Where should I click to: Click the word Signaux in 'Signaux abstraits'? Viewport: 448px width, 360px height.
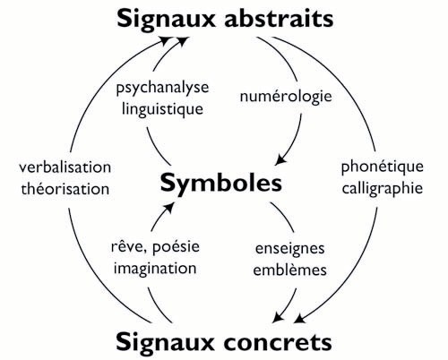[x=166, y=20]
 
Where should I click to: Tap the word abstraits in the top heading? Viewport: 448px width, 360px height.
[x=279, y=19]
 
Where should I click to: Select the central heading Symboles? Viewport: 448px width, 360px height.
[x=221, y=183]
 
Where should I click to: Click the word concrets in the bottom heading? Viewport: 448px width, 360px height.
[x=278, y=342]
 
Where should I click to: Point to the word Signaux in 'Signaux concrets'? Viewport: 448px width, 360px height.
[x=165, y=343]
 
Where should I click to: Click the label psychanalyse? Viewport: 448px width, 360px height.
[x=162, y=89]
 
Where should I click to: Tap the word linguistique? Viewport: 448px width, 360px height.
[x=162, y=109]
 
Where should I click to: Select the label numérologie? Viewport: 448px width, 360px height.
[x=286, y=97]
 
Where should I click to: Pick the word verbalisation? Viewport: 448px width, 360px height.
[x=65, y=167]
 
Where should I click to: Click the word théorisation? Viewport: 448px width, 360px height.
[x=65, y=189]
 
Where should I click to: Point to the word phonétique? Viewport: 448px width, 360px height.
[x=383, y=167]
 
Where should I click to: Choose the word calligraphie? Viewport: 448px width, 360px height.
[x=383, y=189]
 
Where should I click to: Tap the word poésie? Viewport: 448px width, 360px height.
[x=176, y=247]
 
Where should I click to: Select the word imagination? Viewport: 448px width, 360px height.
[x=155, y=268]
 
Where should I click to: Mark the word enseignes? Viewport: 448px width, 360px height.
[x=289, y=249]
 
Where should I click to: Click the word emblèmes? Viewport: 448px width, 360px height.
[x=289, y=270]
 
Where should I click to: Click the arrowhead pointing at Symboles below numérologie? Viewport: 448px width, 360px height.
[x=280, y=159]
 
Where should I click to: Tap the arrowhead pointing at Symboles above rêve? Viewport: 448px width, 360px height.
[x=168, y=207]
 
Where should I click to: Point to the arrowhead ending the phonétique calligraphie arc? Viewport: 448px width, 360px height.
[x=300, y=318]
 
